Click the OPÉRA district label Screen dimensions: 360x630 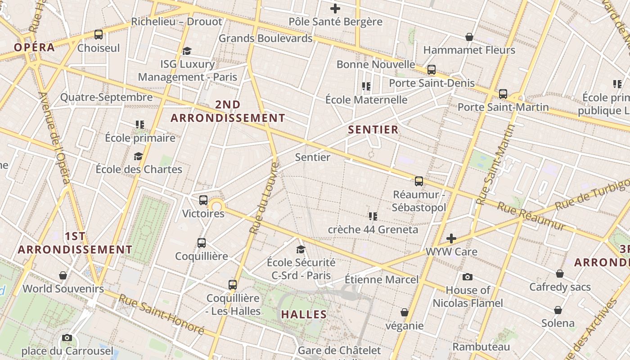(x=34, y=47)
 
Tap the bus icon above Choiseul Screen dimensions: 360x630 (x=98, y=35)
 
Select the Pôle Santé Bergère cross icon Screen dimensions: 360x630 (x=335, y=9)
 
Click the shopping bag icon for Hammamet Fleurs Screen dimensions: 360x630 (x=469, y=37)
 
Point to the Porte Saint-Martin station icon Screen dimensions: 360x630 (x=503, y=94)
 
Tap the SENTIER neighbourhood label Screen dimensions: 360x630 (x=373, y=130)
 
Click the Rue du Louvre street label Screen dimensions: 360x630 (x=264, y=198)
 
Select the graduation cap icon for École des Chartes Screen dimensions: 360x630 (x=138, y=156)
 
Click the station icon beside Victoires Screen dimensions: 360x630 (x=203, y=200)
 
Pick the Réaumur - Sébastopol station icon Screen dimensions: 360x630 (x=418, y=181)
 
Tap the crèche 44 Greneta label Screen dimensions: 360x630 (x=373, y=229)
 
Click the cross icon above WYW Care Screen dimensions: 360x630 (x=451, y=238)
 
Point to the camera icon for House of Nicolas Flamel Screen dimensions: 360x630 (x=468, y=277)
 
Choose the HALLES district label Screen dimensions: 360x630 (x=304, y=315)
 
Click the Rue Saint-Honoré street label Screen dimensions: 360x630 (x=161, y=314)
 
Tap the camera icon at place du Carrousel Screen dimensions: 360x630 (x=67, y=337)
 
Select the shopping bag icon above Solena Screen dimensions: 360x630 (x=558, y=310)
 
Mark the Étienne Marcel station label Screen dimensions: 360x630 (x=382, y=279)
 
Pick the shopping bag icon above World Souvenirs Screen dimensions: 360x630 (x=63, y=275)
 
